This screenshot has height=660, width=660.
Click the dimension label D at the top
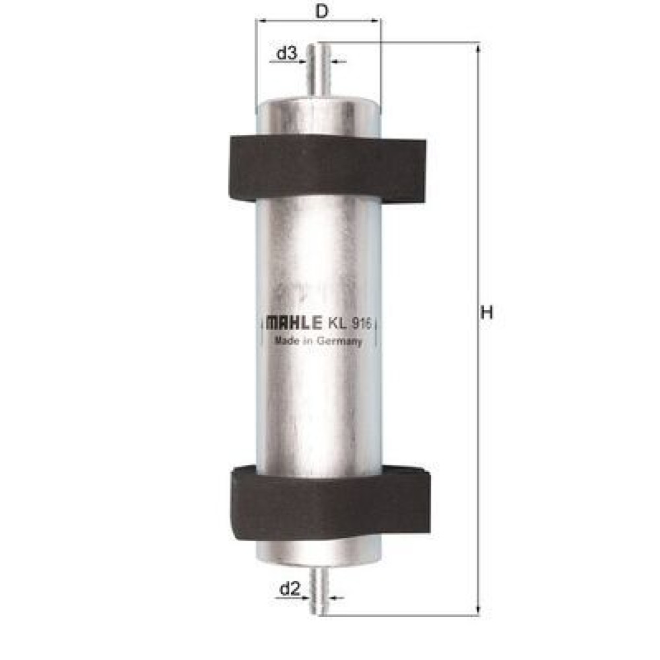321,11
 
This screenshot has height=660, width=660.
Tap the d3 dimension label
286,53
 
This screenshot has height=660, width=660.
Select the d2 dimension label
290,589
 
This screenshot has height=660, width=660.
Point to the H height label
486,313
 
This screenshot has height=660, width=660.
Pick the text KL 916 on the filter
349,323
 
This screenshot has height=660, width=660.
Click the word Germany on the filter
339,341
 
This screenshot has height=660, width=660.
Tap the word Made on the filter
286,340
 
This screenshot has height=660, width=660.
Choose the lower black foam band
331,502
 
